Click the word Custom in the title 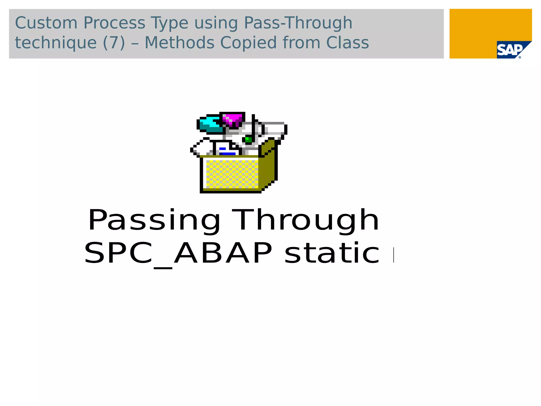point(46,23)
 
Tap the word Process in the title point(114,23)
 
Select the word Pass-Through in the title point(298,23)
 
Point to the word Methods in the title point(179,43)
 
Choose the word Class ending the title point(347,43)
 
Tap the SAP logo point(510,50)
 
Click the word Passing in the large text point(154,220)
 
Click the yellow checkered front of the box point(232,174)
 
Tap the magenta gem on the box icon point(232,119)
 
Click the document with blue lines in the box point(226,149)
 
